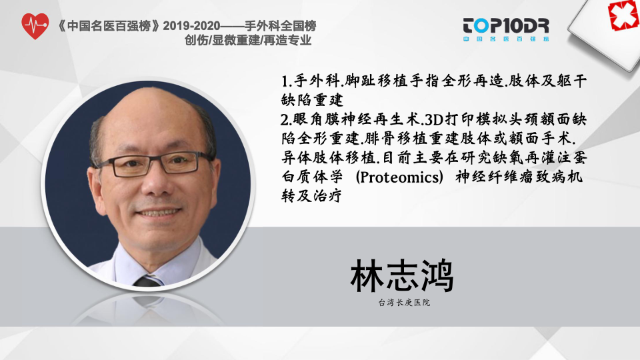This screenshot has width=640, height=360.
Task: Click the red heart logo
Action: pyautogui.click(x=35, y=26)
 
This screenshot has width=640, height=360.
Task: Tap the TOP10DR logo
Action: pyautogui.click(x=506, y=29)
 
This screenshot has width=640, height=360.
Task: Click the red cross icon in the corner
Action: pyautogui.click(x=623, y=15)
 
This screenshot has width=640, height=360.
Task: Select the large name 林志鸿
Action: pyautogui.click(x=402, y=276)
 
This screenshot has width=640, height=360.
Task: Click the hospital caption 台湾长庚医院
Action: pyautogui.click(x=404, y=303)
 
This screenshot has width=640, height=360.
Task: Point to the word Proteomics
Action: pyautogui.click(x=399, y=177)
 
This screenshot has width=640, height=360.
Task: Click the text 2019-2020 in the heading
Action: pyautogui.click(x=191, y=26)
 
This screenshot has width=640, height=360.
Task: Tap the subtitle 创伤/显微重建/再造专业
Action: pyautogui.click(x=248, y=40)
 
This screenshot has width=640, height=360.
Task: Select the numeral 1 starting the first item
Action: pyautogui.click(x=285, y=81)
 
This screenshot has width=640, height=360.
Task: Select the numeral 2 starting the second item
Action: pyautogui.click(x=285, y=120)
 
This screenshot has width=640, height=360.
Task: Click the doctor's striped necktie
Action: pyautogui.click(x=148, y=281)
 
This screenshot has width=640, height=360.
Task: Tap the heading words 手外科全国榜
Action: pyautogui.click(x=281, y=26)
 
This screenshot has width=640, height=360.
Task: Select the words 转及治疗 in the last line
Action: pyautogui.click(x=311, y=196)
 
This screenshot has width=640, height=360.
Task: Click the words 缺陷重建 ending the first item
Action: pyautogui.click(x=312, y=100)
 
